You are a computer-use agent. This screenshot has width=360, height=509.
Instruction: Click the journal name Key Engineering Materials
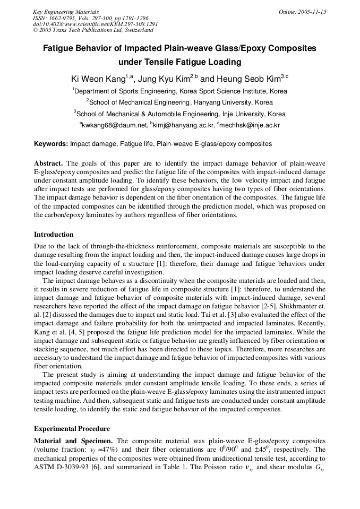point(66,12)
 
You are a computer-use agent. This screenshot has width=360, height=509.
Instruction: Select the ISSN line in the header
point(90,18)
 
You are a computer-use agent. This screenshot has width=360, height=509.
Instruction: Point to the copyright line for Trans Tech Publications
point(93,30)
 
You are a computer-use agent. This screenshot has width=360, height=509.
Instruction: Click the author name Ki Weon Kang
point(98,79)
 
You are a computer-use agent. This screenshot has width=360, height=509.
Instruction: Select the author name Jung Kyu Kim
point(165,79)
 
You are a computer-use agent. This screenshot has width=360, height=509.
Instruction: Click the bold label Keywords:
point(51,144)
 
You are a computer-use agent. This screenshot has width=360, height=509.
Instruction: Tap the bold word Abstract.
point(49,163)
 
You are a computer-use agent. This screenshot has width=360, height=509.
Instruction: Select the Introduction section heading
point(54,234)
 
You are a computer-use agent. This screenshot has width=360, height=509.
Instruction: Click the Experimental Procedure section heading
point(72,428)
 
